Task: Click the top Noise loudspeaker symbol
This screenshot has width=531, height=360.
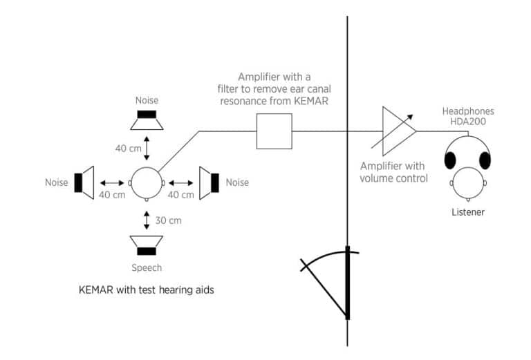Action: [147, 120]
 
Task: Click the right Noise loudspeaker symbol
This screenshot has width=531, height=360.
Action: [209, 182]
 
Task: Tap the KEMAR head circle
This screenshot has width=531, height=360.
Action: [147, 183]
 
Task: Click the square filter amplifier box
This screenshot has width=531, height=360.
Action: [274, 131]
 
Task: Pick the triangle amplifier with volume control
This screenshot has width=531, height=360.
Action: [398, 131]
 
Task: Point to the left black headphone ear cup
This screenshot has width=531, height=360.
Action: [450, 160]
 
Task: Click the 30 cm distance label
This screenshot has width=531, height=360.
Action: [169, 221]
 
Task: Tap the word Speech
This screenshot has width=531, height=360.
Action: [146, 267]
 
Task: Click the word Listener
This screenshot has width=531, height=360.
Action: [467, 212]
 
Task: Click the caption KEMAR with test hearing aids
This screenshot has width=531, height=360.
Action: [146, 290]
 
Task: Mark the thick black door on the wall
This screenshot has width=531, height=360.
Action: [348, 283]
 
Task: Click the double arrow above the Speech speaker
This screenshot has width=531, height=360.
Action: [147, 221]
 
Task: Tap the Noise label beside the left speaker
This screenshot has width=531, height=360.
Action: [57, 182]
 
